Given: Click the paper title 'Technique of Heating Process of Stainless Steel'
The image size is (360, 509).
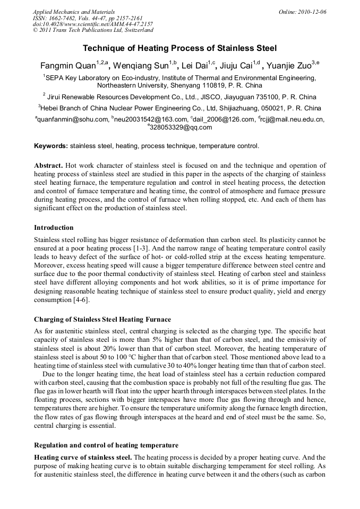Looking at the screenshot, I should pyautogui.click(x=179, y=48).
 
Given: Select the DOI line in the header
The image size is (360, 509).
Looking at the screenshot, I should pyautogui.click(x=93, y=24).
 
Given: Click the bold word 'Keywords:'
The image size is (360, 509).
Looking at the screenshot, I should pyautogui.click(x=50, y=145).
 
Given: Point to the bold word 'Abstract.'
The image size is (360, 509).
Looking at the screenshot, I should pyautogui.click(x=49, y=166).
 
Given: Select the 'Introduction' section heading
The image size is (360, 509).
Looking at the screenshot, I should pyautogui.click(x=54, y=228).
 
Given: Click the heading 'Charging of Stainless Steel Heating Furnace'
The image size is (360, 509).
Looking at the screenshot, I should pyautogui.click(x=102, y=320).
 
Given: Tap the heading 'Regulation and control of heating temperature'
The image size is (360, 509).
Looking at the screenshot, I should pyautogui.click(x=106, y=445).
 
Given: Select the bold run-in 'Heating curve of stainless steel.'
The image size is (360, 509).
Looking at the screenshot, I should pyautogui.click(x=83, y=457).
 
